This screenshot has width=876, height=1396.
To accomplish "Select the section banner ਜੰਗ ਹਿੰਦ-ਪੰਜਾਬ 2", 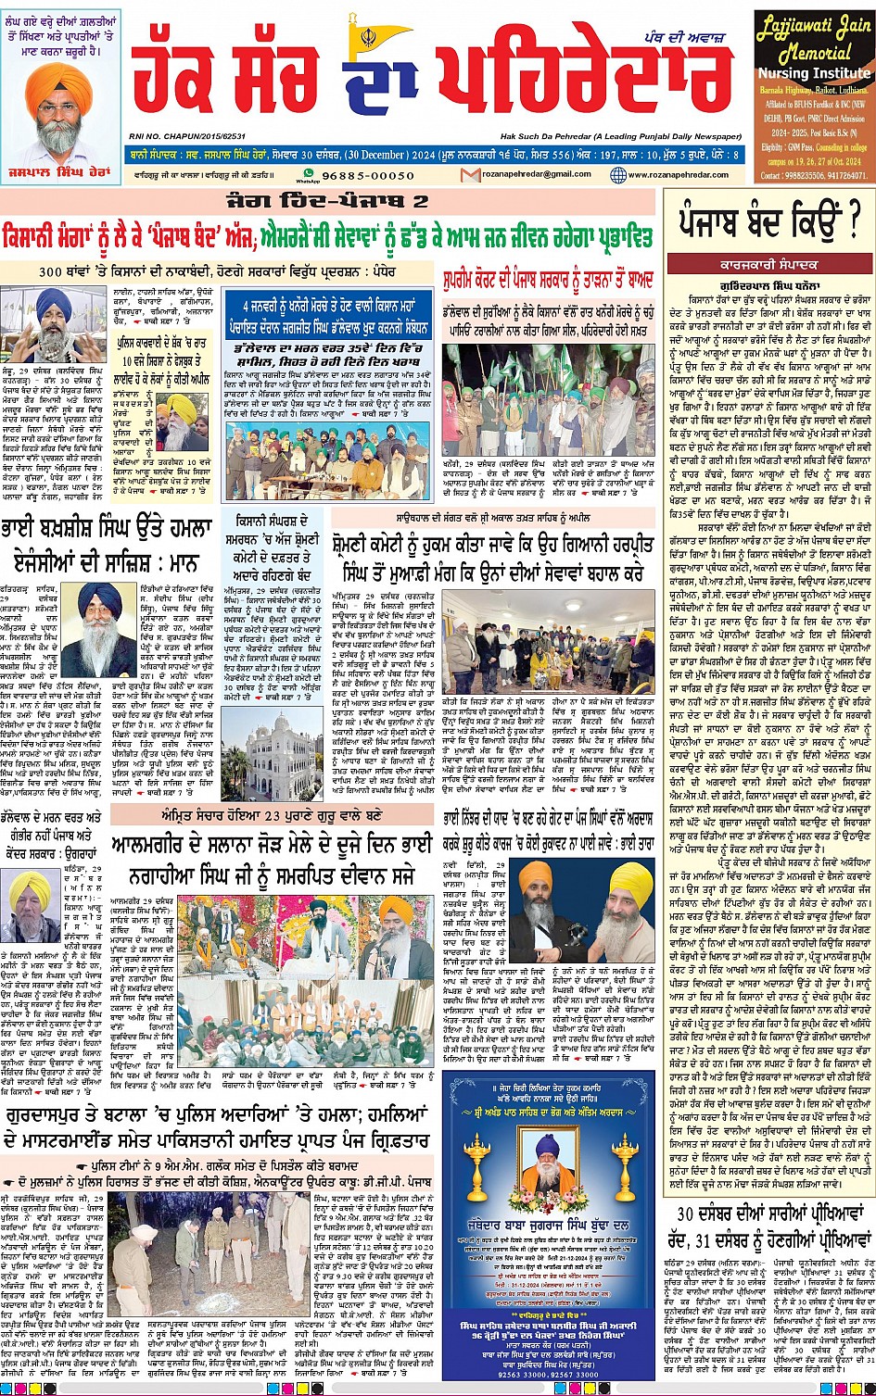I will tap(329, 201).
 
